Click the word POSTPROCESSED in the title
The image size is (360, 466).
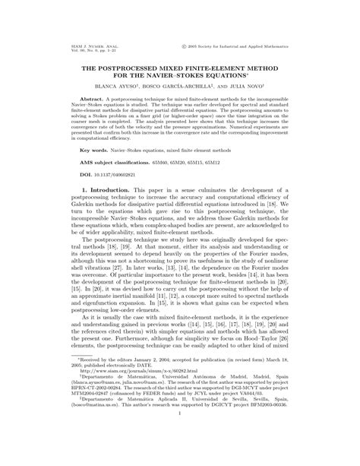click(x=129, y=67)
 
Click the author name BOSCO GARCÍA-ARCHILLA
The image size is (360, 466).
click(x=182, y=87)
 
